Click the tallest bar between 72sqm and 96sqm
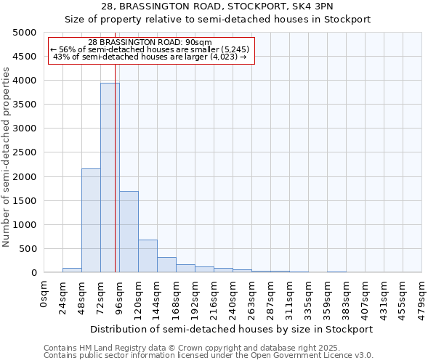tap(110, 178)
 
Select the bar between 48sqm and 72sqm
tap(91, 221)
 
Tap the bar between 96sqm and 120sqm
tap(129, 232)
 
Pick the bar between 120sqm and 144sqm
tap(148, 256)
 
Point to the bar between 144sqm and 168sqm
tap(166, 265)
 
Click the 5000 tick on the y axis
tap(25, 33)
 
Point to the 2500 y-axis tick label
tap(25, 152)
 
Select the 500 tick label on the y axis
tap(28, 249)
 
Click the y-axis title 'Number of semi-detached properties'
tap(7, 157)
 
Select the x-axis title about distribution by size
tap(232, 329)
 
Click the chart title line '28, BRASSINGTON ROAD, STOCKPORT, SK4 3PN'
tap(218, 7)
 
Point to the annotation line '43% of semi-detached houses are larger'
tap(150, 57)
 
